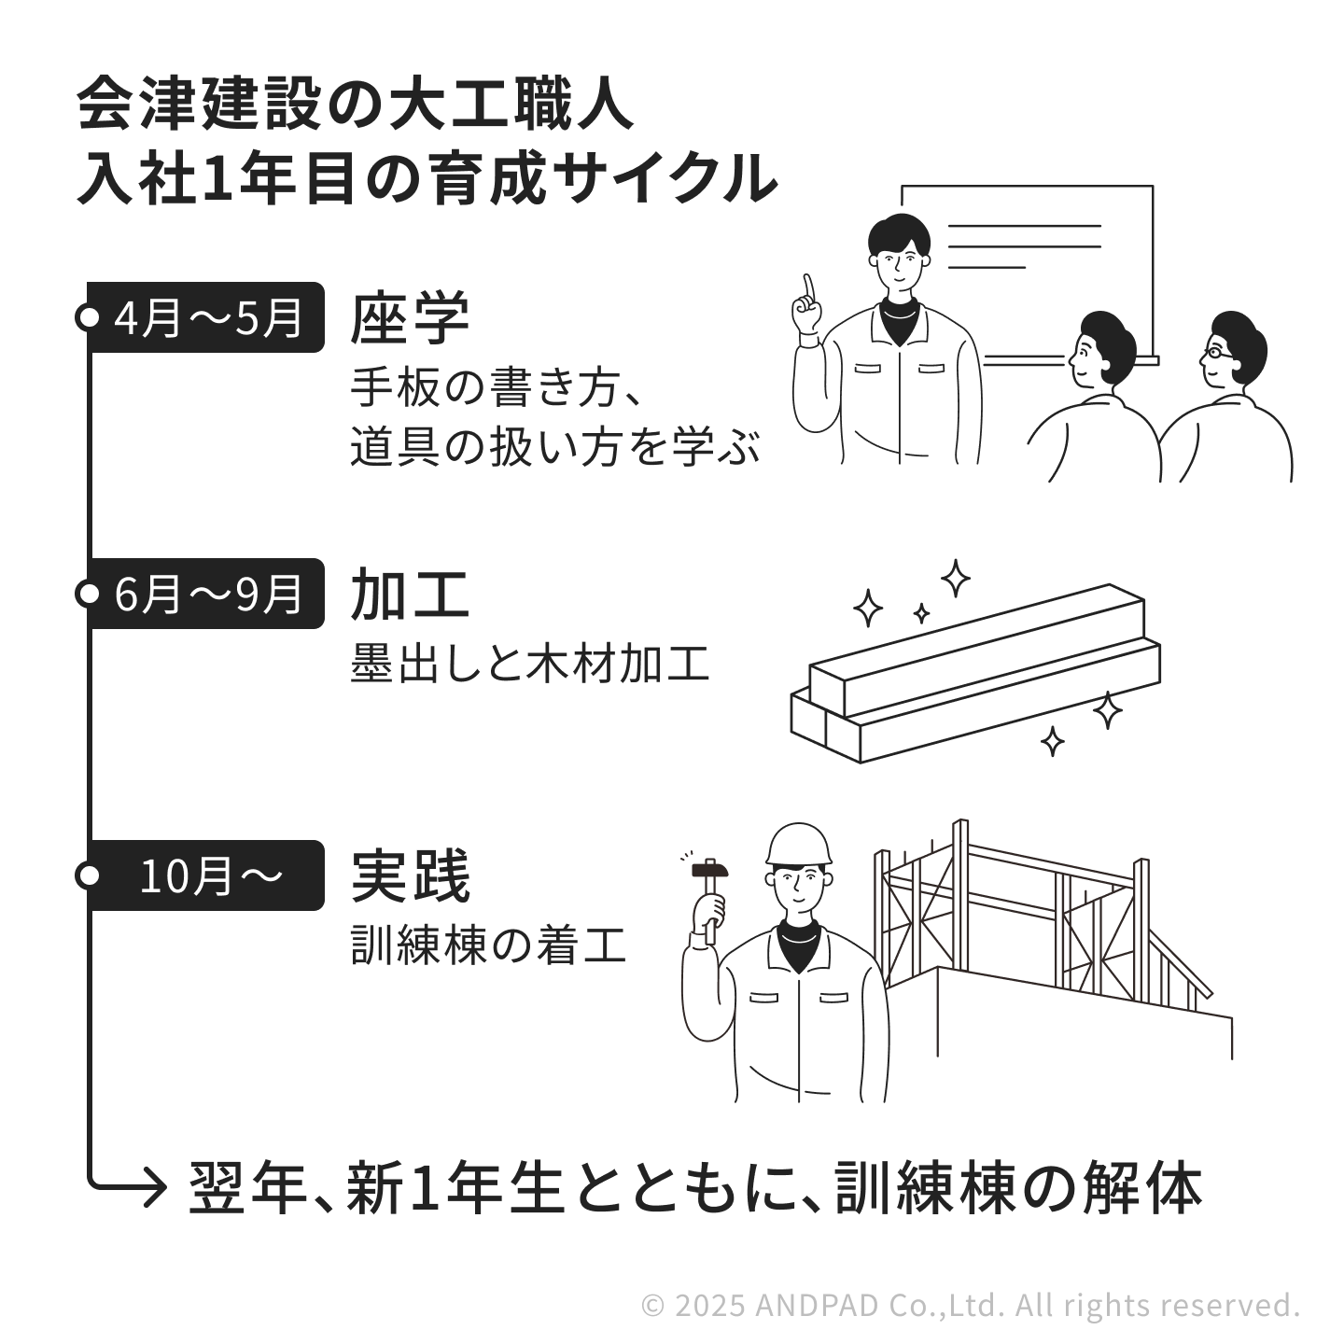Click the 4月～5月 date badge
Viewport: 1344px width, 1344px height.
click(x=206, y=317)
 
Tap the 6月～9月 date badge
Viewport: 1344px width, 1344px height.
click(x=206, y=594)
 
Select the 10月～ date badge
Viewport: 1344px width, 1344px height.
click(x=206, y=875)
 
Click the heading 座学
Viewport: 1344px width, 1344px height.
click(x=410, y=319)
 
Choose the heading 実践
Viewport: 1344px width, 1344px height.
click(x=410, y=876)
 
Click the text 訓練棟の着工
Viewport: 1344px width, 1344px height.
click(x=487, y=945)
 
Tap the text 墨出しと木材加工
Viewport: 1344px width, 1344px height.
click(x=529, y=665)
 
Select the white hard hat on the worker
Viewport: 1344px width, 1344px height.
click(x=798, y=846)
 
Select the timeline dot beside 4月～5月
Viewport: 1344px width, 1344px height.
click(x=88, y=317)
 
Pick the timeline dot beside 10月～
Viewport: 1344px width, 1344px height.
click(x=88, y=875)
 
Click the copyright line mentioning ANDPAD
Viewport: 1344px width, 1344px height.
click(x=971, y=1304)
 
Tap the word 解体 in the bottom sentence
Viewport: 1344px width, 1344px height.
click(x=1153, y=1187)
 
